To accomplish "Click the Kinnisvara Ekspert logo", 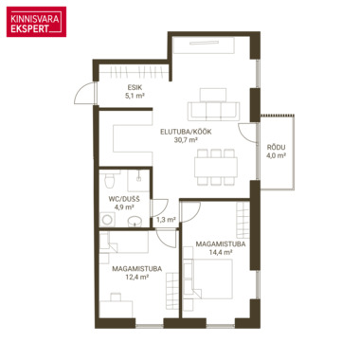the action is [x=36, y=22].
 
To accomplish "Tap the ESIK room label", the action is [x=135, y=87].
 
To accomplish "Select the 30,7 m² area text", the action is [x=186, y=140].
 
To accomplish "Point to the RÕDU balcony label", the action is [x=276, y=148].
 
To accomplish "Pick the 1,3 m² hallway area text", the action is [x=166, y=220].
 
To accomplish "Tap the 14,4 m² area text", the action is [x=221, y=252].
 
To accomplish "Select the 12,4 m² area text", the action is [x=136, y=277].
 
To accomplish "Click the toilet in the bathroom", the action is [x=110, y=180].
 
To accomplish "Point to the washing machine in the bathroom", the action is [x=107, y=220].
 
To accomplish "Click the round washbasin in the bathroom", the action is [x=135, y=222].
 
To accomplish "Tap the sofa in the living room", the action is [x=213, y=111].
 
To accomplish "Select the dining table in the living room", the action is [x=216, y=167].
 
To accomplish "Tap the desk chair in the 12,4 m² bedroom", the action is [x=116, y=297].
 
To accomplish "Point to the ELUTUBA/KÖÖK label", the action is [x=186, y=132].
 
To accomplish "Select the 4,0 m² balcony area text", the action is [x=276, y=155].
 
